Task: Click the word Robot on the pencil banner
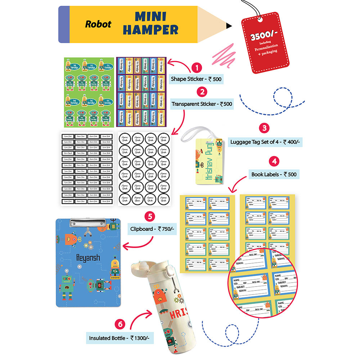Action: coord(98,24)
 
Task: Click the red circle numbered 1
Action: coord(197,67)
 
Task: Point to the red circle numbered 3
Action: coord(264,128)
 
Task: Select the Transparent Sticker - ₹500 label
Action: coord(202,104)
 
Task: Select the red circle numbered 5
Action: coord(150,216)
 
